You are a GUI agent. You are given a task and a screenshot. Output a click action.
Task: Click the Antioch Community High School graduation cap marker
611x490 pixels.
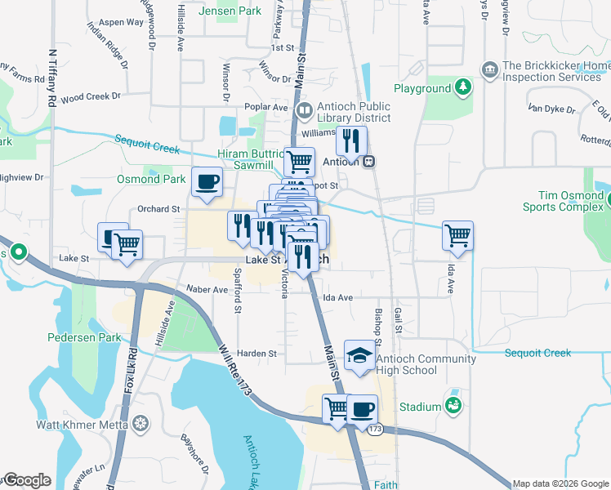[359, 355]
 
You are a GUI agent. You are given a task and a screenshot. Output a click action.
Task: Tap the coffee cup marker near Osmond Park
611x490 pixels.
[206, 181]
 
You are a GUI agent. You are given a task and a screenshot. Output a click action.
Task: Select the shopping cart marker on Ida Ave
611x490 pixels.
[458, 235]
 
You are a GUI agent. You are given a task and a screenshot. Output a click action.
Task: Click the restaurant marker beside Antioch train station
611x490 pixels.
[350, 140]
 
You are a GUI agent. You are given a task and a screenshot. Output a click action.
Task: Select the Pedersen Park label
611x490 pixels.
[84, 337]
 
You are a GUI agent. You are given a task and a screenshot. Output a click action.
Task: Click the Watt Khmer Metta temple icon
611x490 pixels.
[140, 424]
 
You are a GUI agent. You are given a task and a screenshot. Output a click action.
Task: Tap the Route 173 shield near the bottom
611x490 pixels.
[375, 429]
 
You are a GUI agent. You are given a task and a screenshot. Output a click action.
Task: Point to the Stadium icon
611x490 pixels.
[451, 405]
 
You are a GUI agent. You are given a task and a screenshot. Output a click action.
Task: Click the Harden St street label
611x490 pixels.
[257, 354]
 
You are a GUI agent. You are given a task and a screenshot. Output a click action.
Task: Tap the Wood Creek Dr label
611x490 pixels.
[90, 96]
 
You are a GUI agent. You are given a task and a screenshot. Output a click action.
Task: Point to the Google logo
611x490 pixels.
[26, 480]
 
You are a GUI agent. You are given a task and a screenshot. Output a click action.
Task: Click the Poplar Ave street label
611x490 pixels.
[266, 107]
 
